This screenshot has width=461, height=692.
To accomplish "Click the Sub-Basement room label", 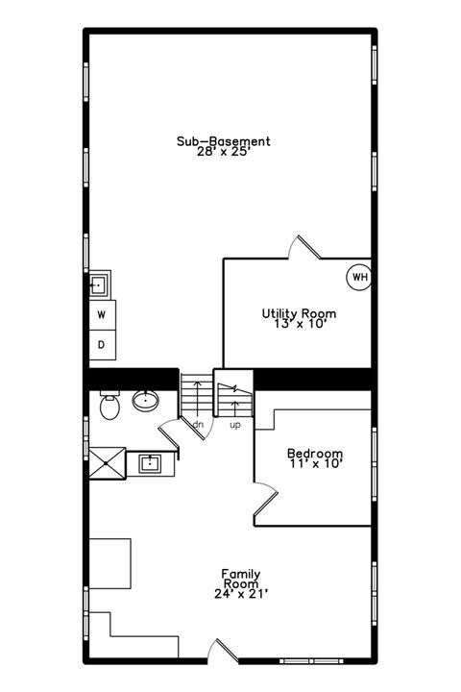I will point(223,141).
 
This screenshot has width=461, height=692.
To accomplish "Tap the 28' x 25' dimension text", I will point(223,152).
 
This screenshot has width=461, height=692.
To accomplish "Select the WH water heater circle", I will point(359,277).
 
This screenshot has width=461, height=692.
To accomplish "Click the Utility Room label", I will point(299,313).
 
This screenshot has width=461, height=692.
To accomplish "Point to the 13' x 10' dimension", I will point(299,324).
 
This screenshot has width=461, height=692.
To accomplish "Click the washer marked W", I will point(101,314).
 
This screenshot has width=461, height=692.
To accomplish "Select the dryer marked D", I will point(101,343).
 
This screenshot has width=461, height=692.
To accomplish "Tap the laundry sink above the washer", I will point(99,284).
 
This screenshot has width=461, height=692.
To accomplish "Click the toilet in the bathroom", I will point(108,407).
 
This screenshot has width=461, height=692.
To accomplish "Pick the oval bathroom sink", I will point(146,400).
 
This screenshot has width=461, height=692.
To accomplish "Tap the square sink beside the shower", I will point(150,463).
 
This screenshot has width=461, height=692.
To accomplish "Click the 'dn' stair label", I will point(197,424).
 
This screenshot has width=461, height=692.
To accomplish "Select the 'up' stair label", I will point(235,424).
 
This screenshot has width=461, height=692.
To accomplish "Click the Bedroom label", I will point(315,454).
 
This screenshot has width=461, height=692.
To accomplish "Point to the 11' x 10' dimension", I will point(315,464).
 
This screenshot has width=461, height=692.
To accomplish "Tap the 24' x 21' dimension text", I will point(234,595).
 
